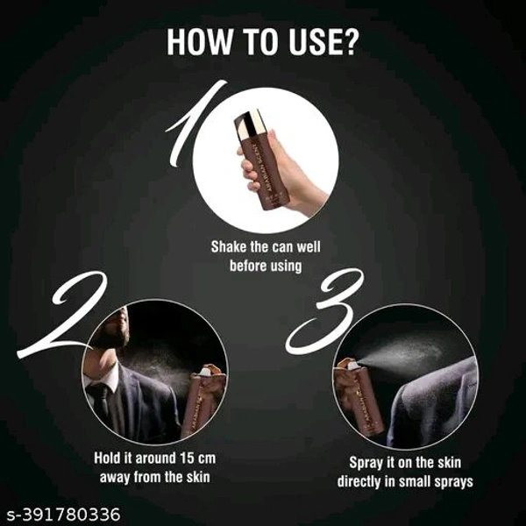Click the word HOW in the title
tap(199, 43)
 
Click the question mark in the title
tap(351, 43)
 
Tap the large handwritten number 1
tap(192, 124)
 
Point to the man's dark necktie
tap(101, 402)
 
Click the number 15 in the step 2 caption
tap(187, 458)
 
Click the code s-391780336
tap(63, 514)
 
